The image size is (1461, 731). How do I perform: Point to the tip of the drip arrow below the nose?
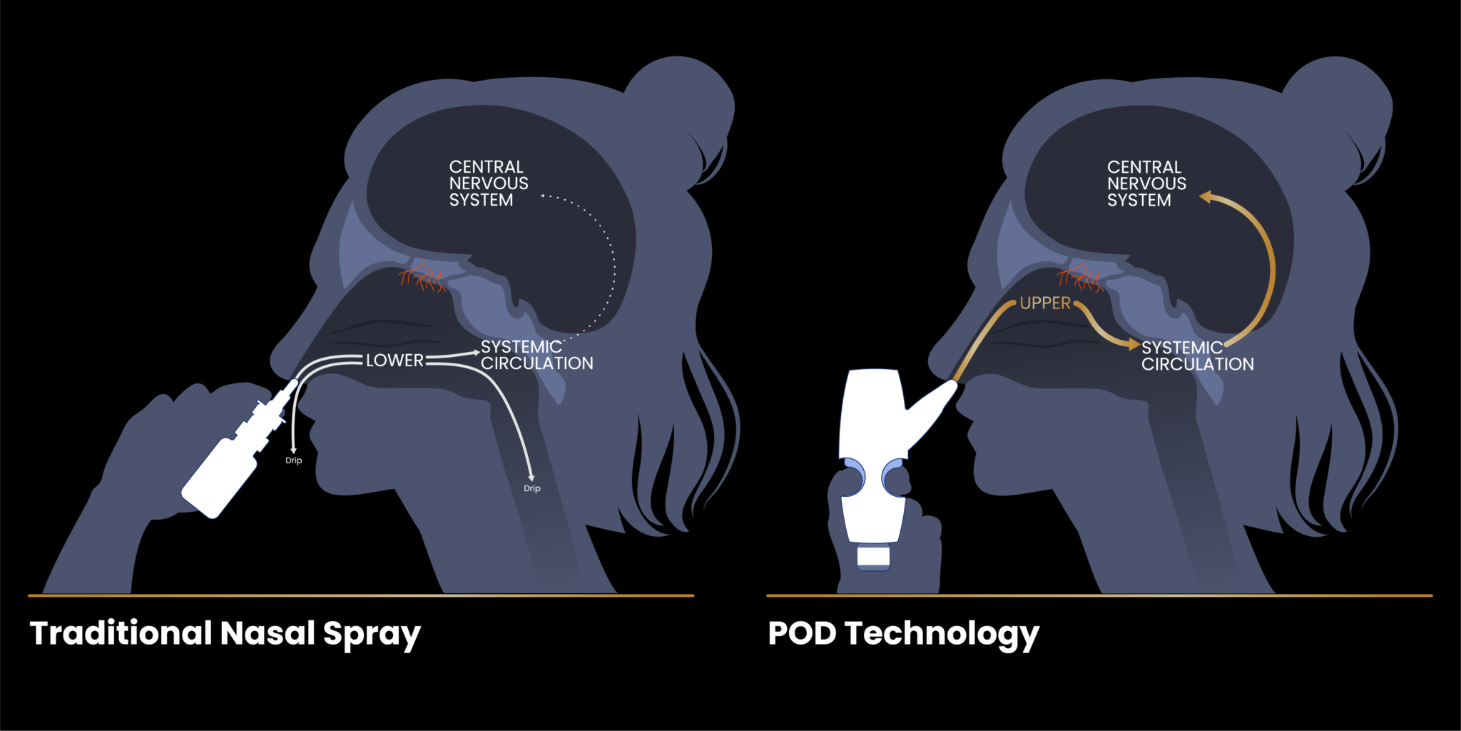pos(293,453)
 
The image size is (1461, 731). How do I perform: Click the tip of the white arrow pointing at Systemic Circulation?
pos(480,352)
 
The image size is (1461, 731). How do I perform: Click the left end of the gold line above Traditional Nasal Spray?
pos(29,595)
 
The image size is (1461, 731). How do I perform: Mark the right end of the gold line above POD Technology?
pos(1432,595)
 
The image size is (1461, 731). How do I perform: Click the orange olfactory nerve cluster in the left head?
pos(423,278)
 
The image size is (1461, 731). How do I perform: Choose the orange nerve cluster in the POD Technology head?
pos(1081,278)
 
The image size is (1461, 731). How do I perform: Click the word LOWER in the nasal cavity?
pos(394,361)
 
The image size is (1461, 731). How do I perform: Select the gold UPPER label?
pos(1045,303)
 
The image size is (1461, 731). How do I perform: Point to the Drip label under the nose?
pos(293,460)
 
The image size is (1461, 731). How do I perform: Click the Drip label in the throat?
pos(532,488)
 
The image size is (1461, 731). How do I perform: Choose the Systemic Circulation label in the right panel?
pos(1197,356)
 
